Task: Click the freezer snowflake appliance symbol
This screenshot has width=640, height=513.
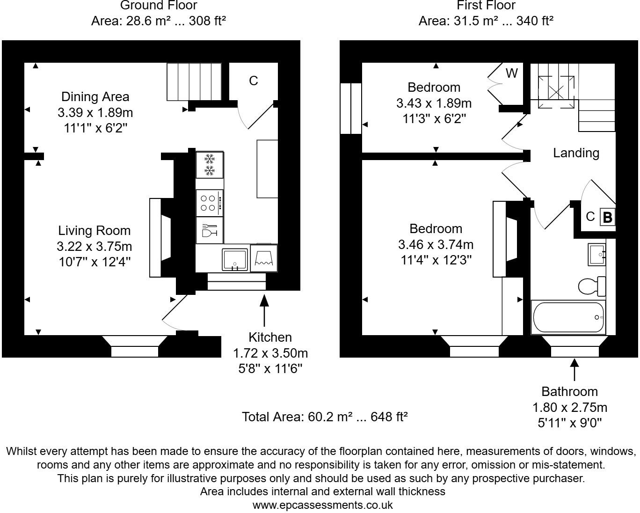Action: click(x=209, y=165)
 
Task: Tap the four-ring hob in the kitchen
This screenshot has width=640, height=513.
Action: click(x=209, y=203)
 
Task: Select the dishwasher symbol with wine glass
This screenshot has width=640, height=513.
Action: click(x=209, y=230)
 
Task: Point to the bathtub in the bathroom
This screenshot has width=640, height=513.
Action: click(x=568, y=317)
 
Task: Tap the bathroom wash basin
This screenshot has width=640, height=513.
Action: click(x=596, y=254)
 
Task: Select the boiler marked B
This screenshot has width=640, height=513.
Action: click(x=607, y=217)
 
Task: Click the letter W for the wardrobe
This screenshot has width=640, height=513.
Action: click(x=512, y=73)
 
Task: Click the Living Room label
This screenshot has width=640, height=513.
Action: click(x=94, y=230)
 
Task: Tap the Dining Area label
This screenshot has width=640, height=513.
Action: click(x=95, y=97)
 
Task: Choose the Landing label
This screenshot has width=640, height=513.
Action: click(x=576, y=153)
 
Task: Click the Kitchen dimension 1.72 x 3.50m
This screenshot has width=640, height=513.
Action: click(x=270, y=353)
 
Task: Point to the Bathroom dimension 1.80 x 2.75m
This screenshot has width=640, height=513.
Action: click(x=569, y=407)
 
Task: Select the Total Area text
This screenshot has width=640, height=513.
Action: click(x=324, y=417)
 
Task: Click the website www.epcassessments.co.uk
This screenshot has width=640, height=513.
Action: click(x=322, y=505)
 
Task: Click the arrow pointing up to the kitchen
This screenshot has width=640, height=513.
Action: click(x=264, y=309)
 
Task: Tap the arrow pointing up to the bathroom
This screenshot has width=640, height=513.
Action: click(x=575, y=369)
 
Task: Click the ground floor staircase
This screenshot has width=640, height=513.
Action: click(x=194, y=81)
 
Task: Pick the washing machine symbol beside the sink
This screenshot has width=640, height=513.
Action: click(x=264, y=258)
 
